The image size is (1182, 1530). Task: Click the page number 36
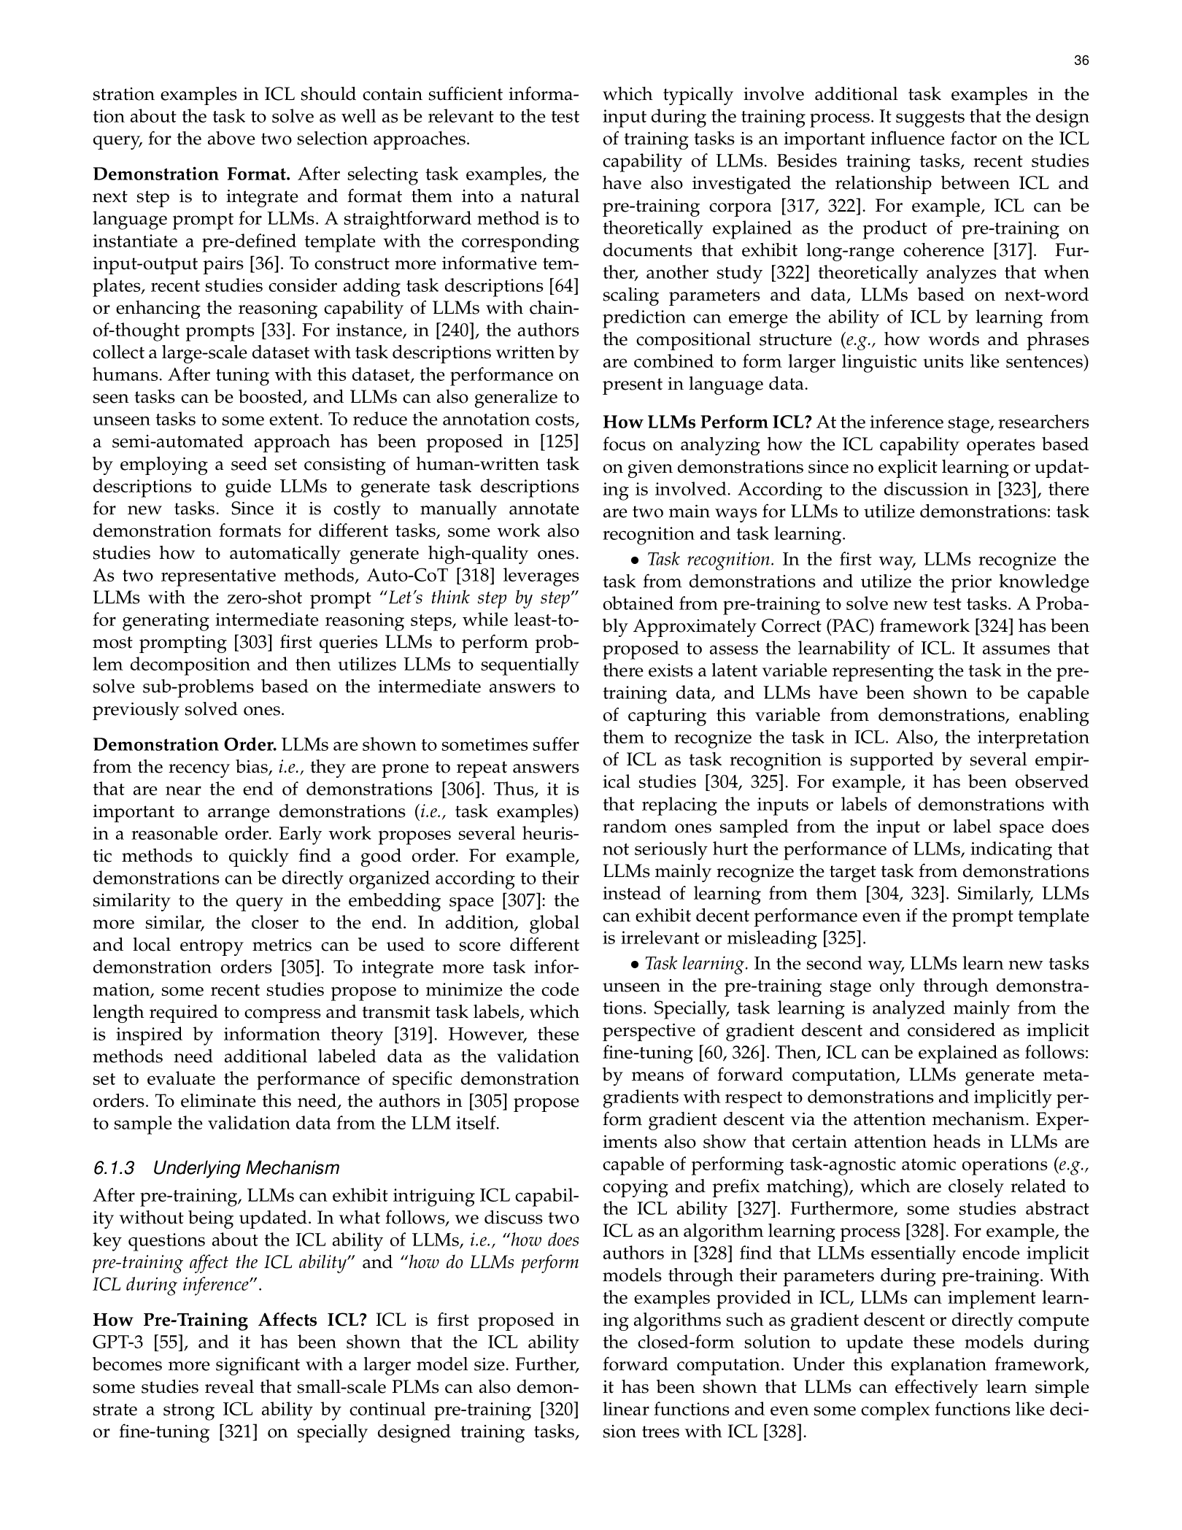click(1081, 61)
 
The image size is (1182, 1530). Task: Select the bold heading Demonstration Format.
click(192, 174)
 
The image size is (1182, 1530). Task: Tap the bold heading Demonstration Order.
click(185, 745)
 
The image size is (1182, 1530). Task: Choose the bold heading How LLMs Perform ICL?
click(707, 422)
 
